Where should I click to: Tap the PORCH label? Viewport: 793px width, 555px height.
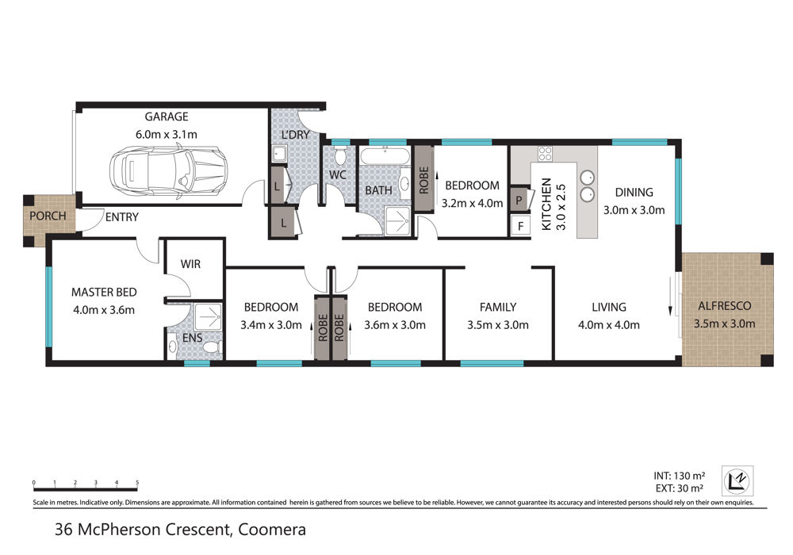pos(48,216)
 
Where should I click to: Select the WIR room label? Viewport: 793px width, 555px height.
pos(190,264)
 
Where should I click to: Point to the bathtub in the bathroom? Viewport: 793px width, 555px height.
pos(385,156)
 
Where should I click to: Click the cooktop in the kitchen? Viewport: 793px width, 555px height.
pos(545,154)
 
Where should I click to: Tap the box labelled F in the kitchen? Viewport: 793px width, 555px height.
pos(520,225)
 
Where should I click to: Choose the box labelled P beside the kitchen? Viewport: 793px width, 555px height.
pos(519,200)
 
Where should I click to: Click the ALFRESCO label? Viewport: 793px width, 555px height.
pos(724,306)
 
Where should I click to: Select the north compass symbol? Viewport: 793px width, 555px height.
pos(737,480)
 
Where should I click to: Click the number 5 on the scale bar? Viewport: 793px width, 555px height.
pos(137,482)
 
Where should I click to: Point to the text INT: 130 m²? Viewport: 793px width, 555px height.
pos(679,476)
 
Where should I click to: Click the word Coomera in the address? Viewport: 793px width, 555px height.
pos(271,530)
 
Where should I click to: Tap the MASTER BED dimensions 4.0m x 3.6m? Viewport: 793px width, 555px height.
pos(104,310)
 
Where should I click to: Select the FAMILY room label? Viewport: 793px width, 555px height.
pos(498,307)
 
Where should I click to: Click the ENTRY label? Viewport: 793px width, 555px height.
pos(121,216)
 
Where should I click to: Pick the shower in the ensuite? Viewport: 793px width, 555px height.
pos(208,317)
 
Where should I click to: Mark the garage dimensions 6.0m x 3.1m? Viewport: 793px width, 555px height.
pos(166,135)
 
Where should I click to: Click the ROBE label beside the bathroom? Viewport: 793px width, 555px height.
pos(423,180)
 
